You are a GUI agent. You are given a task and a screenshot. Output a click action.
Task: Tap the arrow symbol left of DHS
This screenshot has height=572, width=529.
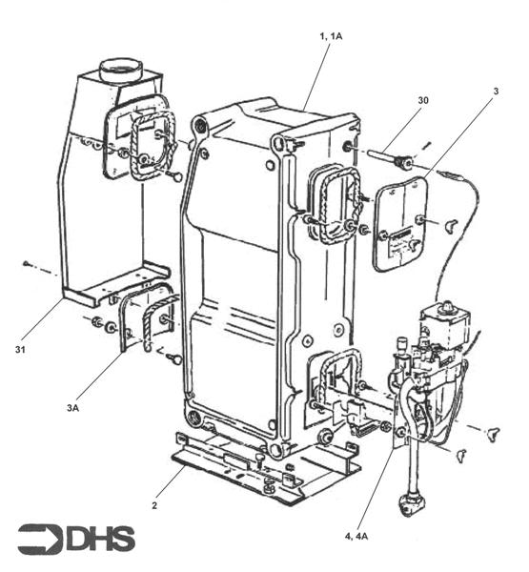41,539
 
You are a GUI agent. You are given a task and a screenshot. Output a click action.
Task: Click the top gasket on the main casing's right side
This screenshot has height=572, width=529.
330,204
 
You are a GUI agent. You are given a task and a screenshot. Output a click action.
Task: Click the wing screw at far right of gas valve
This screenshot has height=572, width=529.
493,435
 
